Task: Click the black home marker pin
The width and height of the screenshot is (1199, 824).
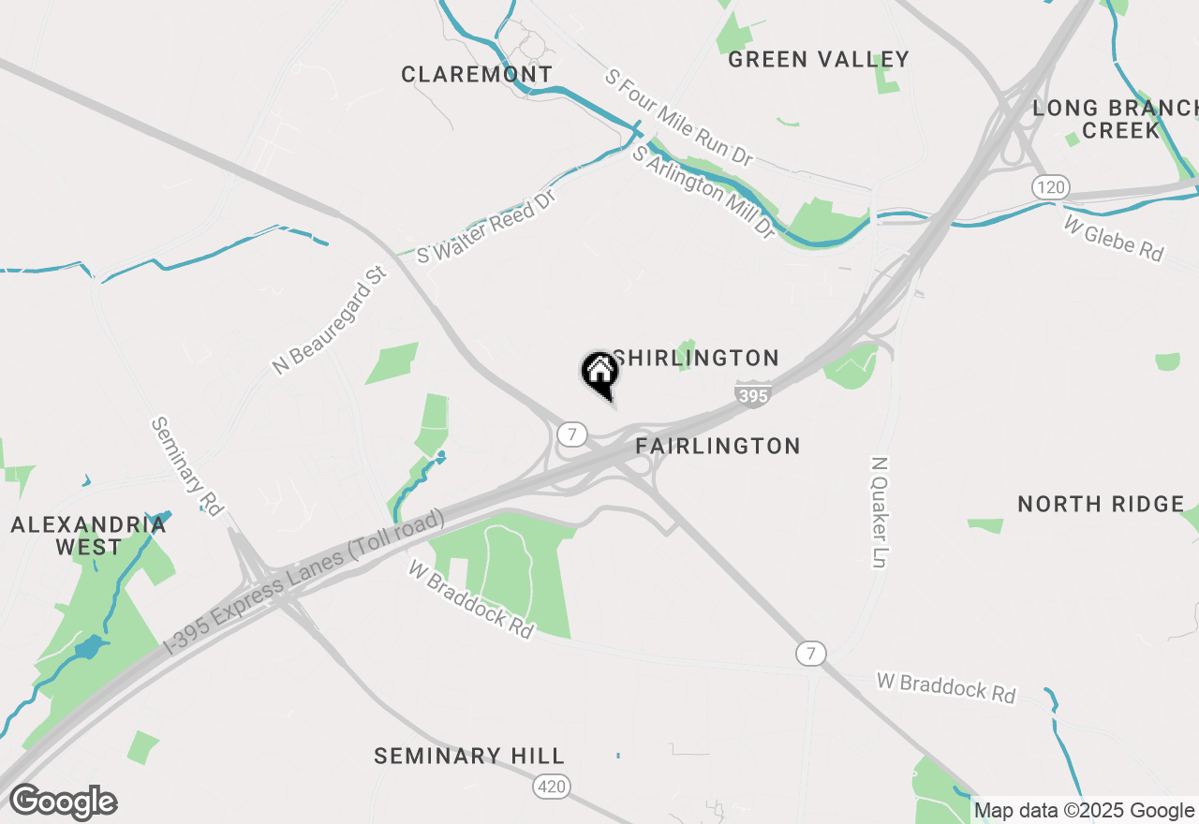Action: (599, 373)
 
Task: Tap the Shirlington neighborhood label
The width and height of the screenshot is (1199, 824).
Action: (696, 359)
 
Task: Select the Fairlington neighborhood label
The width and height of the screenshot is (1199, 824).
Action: (718, 447)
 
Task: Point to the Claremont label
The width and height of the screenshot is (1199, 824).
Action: (477, 75)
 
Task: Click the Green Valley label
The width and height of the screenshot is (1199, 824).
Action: (818, 60)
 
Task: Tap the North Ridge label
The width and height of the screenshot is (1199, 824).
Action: (1101, 505)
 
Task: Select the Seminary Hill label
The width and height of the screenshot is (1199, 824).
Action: (469, 757)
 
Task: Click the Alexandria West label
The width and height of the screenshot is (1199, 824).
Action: (88, 536)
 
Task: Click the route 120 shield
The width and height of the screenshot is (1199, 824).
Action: (1051, 187)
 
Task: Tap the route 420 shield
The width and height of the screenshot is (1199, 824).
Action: (552, 787)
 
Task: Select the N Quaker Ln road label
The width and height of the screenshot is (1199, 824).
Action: (879, 512)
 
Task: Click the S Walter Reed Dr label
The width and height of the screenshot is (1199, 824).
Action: (487, 227)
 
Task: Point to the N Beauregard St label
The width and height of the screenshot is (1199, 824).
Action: (330, 320)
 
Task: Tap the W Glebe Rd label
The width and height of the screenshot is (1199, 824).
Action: (1114, 238)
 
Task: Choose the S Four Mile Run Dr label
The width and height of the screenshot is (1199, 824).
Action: (678, 118)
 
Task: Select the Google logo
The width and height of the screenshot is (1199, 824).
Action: (63, 802)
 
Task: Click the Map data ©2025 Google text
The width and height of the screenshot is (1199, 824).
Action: (1084, 811)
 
